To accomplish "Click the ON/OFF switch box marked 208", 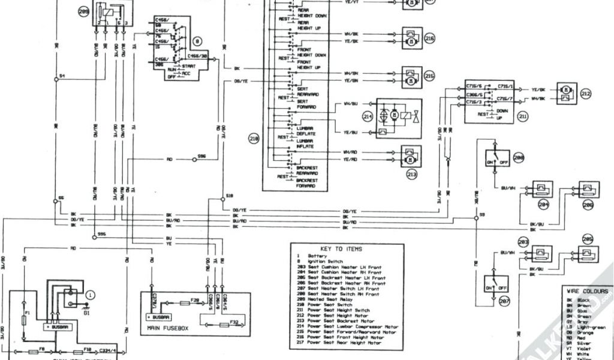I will pyautogui.click(x=496, y=158).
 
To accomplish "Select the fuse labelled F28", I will pyautogui.click(x=194, y=299).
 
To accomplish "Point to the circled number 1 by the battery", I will pyautogui.click(x=90, y=295).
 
